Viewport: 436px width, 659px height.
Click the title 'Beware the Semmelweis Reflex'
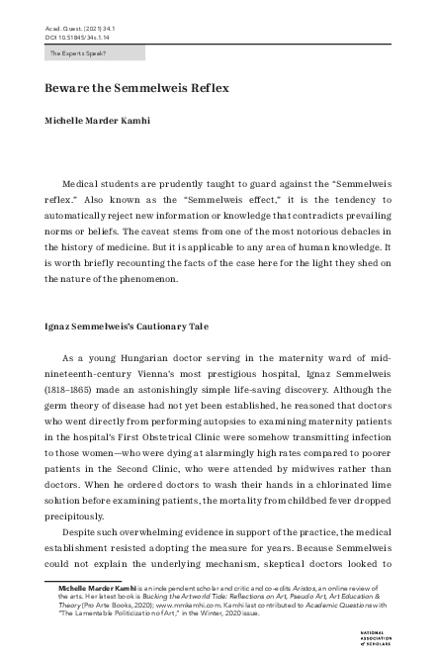136,88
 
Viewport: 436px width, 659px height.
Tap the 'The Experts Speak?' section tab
78,52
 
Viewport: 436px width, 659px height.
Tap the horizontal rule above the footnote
88,579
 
